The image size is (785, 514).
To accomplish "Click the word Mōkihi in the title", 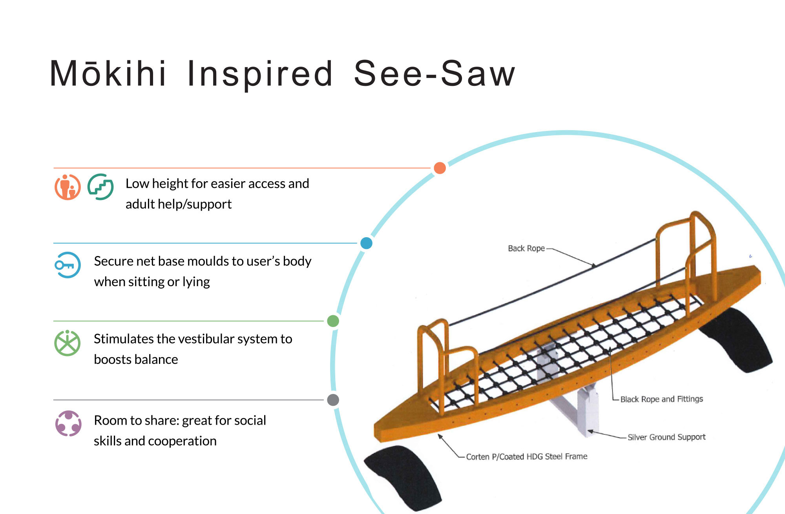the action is tap(108, 73).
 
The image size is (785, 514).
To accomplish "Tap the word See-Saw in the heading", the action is tap(434, 73).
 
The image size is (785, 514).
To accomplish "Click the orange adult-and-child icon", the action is tap(68, 187).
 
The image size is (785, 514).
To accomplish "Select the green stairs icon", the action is tap(100, 187).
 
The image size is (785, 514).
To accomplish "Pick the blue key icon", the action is tap(68, 265).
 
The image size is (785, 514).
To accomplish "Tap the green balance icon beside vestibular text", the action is tap(68, 343).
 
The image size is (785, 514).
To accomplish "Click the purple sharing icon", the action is tap(68, 423).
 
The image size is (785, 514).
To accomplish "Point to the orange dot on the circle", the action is tap(440, 168).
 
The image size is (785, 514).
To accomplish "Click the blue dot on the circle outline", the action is tap(366, 243).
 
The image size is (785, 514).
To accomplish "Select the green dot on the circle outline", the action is tap(333, 321).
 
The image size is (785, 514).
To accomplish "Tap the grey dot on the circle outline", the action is tap(333, 400).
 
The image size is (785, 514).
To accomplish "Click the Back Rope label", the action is tap(526, 248).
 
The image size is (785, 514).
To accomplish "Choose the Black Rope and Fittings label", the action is tap(662, 399).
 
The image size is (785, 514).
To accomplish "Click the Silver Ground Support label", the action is tap(666, 437).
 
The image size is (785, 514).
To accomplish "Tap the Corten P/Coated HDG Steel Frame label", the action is tap(527, 456).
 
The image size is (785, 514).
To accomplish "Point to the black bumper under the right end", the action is tap(738, 339).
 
